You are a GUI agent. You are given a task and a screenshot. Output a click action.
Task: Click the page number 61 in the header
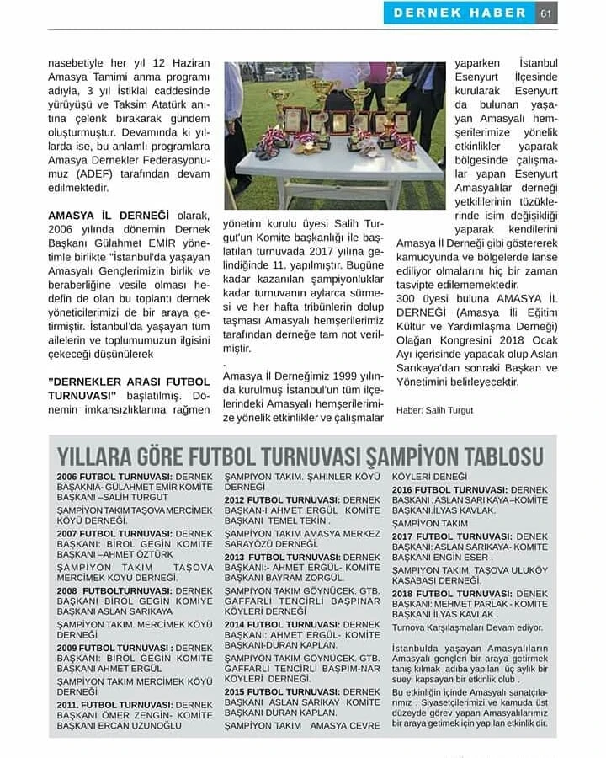point(546,13)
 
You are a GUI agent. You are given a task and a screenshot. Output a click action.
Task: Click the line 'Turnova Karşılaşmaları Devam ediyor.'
point(468,627)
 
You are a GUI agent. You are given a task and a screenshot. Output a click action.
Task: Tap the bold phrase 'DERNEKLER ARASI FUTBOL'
point(130,381)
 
